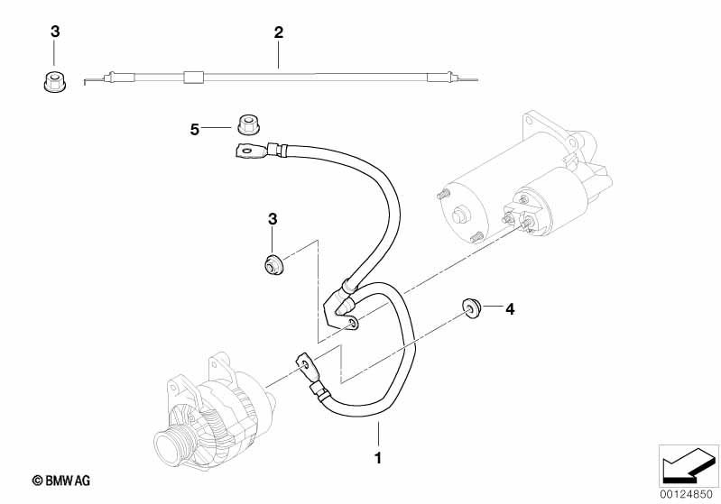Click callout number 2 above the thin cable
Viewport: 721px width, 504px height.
[x=279, y=32]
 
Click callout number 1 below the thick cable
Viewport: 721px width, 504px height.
[x=378, y=458]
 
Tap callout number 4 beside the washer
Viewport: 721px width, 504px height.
[x=510, y=309]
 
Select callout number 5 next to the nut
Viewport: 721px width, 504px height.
[x=195, y=130]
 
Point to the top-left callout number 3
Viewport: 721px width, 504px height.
[x=55, y=32]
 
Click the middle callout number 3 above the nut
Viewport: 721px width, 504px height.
[x=273, y=219]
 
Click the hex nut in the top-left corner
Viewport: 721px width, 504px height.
[x=55, y=82]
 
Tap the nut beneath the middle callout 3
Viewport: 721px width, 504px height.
[x=273, y=265]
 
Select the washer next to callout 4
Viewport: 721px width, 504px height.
[x=470, y=307]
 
